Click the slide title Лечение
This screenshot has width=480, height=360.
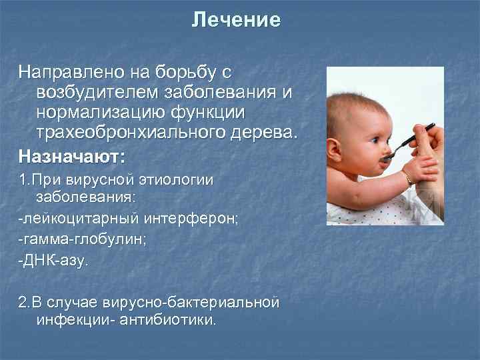(x=236, y=21)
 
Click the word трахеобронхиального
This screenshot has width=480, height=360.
(x=124, y=131)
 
